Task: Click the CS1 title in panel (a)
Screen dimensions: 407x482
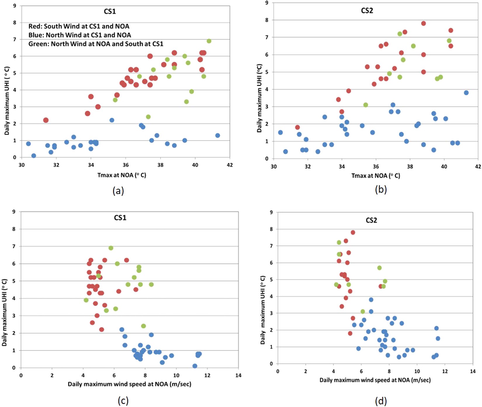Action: point(110,11)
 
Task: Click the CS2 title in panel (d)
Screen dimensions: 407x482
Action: point(371,220)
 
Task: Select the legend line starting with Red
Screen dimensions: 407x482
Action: point(79,26)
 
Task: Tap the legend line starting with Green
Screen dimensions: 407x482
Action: point(96,44)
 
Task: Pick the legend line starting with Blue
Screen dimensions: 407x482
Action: point(80,35)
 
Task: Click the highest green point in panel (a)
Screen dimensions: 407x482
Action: point(209,41)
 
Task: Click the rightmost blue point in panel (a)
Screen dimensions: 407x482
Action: point(218,135)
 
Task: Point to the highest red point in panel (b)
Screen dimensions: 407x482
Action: point(424,23)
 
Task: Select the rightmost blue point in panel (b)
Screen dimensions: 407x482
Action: point(466,93)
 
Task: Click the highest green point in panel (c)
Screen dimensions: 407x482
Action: point(111,248)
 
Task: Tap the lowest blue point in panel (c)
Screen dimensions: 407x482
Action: point(195,366)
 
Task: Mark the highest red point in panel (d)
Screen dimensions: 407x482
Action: point(353,233)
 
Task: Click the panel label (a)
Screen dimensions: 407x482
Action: point(118,191)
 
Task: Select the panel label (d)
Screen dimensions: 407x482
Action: point(381,401)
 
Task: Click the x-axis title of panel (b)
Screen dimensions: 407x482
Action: point(376,176)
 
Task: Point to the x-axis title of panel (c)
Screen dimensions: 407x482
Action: point(129,384)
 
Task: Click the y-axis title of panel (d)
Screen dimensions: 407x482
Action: point(263,310)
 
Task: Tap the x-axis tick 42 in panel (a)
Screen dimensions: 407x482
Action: point(230,165)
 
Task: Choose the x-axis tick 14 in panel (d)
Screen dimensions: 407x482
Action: point(473,371)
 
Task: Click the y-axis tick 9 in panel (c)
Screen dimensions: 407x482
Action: point(14,212)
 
